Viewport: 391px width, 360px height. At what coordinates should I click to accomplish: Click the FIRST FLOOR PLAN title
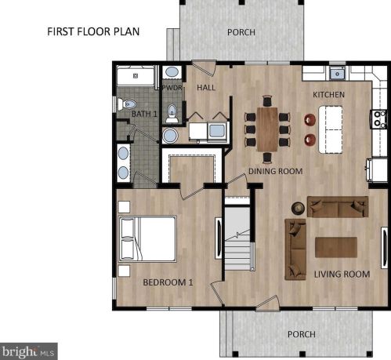point(93,31)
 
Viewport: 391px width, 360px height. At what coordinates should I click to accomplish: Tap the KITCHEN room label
point(328,95)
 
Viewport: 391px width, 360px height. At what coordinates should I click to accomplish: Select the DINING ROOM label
point(275,171)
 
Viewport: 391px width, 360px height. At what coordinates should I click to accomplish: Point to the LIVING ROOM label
point(342,274)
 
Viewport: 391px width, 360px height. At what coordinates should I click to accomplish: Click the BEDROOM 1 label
point(168,282)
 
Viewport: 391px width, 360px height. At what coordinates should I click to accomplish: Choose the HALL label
point(206,87)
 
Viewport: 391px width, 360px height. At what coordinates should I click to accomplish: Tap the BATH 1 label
point(144,114)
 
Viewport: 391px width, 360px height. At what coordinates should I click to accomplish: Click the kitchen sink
point(337,74)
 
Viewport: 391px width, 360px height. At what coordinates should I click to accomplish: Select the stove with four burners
point(378,119)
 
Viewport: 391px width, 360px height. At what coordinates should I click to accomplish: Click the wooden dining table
point(267,129)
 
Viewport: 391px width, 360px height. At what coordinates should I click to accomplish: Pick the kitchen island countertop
point(331,129)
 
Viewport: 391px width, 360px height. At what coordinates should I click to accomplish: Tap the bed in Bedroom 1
point(147,238)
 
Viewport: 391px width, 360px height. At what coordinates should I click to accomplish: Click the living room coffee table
point(336,247)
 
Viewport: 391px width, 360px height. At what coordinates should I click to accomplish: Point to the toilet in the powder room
point(172,114)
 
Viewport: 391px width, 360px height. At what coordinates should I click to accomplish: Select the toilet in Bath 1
point(127,104)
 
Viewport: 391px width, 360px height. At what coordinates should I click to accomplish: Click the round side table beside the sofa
point(298,208)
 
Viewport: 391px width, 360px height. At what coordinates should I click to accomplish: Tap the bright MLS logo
point(28,351)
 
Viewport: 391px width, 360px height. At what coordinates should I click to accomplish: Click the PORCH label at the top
point(241,32)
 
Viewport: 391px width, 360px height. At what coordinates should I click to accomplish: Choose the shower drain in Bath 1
point(136,76)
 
